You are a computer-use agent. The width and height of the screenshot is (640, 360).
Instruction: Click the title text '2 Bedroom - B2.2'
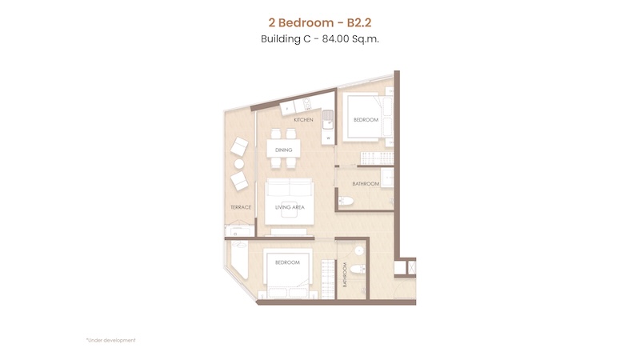[x=320, y=22]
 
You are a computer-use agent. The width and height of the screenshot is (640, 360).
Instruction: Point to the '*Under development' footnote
[x=111, y=340]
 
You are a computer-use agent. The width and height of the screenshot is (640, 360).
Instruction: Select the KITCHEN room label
[x=304, y=119]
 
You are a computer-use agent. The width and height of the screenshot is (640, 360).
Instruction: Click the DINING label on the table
[x=284, y=150]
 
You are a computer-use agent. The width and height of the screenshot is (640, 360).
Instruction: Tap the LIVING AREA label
[x=290, y=207]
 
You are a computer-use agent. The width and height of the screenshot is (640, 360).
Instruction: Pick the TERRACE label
[x=241, y=207]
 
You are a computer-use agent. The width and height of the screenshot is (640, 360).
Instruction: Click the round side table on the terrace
[x=239, y=164]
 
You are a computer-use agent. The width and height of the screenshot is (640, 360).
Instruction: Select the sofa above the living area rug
[x=290, y=189]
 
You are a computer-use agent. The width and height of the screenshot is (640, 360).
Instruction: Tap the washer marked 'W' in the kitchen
[x=328, y=138]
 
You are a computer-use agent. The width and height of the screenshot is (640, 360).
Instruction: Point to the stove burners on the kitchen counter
[x=306, y=104]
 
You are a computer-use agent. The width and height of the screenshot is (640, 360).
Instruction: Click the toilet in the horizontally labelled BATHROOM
[x=346, y=201]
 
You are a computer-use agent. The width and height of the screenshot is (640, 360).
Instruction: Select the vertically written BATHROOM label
[x=345, y=274]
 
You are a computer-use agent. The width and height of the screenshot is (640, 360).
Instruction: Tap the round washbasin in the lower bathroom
[x=358, y=250]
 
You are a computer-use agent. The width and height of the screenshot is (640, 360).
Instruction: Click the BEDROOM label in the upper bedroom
[x=366, y=119]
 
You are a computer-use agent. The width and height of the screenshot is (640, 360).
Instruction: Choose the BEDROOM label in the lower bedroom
[x=287, y=262]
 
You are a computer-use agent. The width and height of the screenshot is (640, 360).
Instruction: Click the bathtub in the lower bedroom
[x=239, y=259]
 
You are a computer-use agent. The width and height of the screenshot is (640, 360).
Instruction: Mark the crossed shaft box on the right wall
[x=412, y=268]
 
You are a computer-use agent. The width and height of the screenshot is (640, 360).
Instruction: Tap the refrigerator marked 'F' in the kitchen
[x=287, y=109]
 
